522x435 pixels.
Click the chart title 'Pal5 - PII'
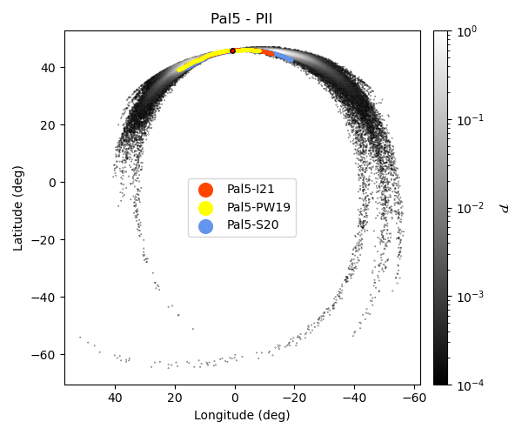[242, 18]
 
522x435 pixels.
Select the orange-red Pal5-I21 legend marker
[205, 190]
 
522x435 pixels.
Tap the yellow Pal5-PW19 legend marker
[205, 208]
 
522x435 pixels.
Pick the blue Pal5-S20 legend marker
[205, 226]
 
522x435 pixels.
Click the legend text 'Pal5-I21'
[251, 190]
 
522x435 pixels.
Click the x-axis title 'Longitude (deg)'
[242, 415]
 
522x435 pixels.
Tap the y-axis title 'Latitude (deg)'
[18, 208]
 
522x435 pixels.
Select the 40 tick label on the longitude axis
[115, 398]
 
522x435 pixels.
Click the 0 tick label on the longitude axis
[234, 398]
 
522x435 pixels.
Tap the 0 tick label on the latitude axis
[52, 183]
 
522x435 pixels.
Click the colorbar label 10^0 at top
[467, 31]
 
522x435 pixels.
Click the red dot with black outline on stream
[232, 50]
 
